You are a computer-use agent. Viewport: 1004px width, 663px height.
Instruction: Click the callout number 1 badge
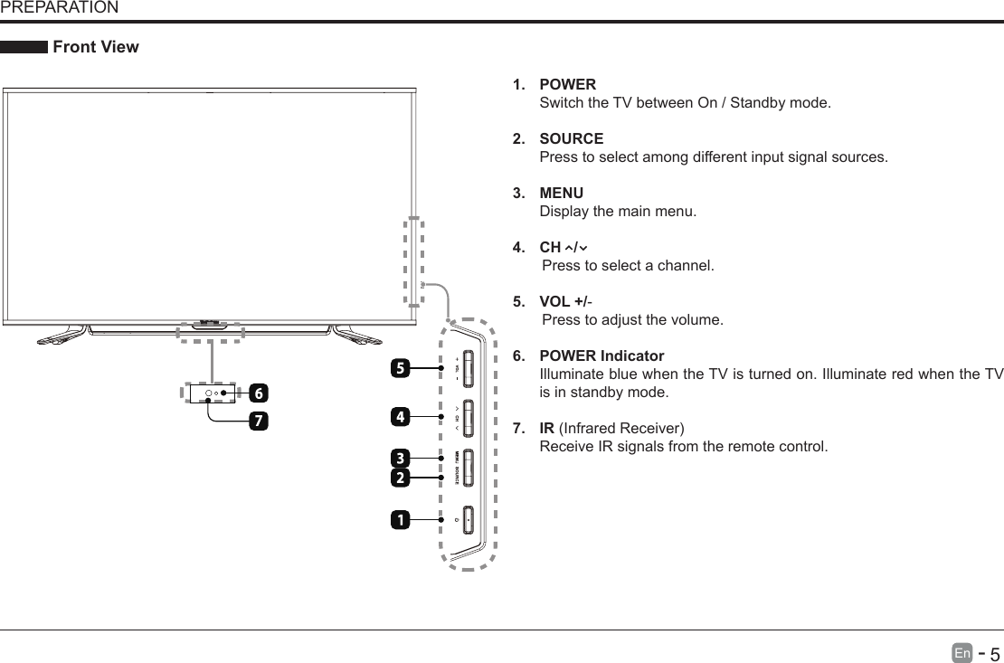(x=399, y=520)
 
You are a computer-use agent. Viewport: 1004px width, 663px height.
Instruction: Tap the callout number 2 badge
(x=399, y=476)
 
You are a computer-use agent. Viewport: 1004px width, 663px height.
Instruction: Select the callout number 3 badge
(x=399, y=457)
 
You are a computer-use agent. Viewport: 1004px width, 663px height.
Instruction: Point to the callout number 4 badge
(x=399, y=417)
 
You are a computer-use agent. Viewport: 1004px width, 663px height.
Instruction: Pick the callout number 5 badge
(x=399, y=368)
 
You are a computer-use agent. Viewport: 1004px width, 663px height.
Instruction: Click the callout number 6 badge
(x=259, y=393)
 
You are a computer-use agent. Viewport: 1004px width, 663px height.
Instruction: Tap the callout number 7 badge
(x=259, y=421)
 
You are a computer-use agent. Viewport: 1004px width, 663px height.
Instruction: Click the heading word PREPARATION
(x=59, y=8)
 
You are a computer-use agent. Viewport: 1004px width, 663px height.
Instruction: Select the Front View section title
(x=96, y=47)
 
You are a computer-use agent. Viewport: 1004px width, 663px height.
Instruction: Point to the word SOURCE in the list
(x=571, y=139)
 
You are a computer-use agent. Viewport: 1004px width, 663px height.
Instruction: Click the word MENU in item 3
(x=561, y=194)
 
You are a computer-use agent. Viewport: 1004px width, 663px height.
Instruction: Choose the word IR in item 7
(x=546, y=428)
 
